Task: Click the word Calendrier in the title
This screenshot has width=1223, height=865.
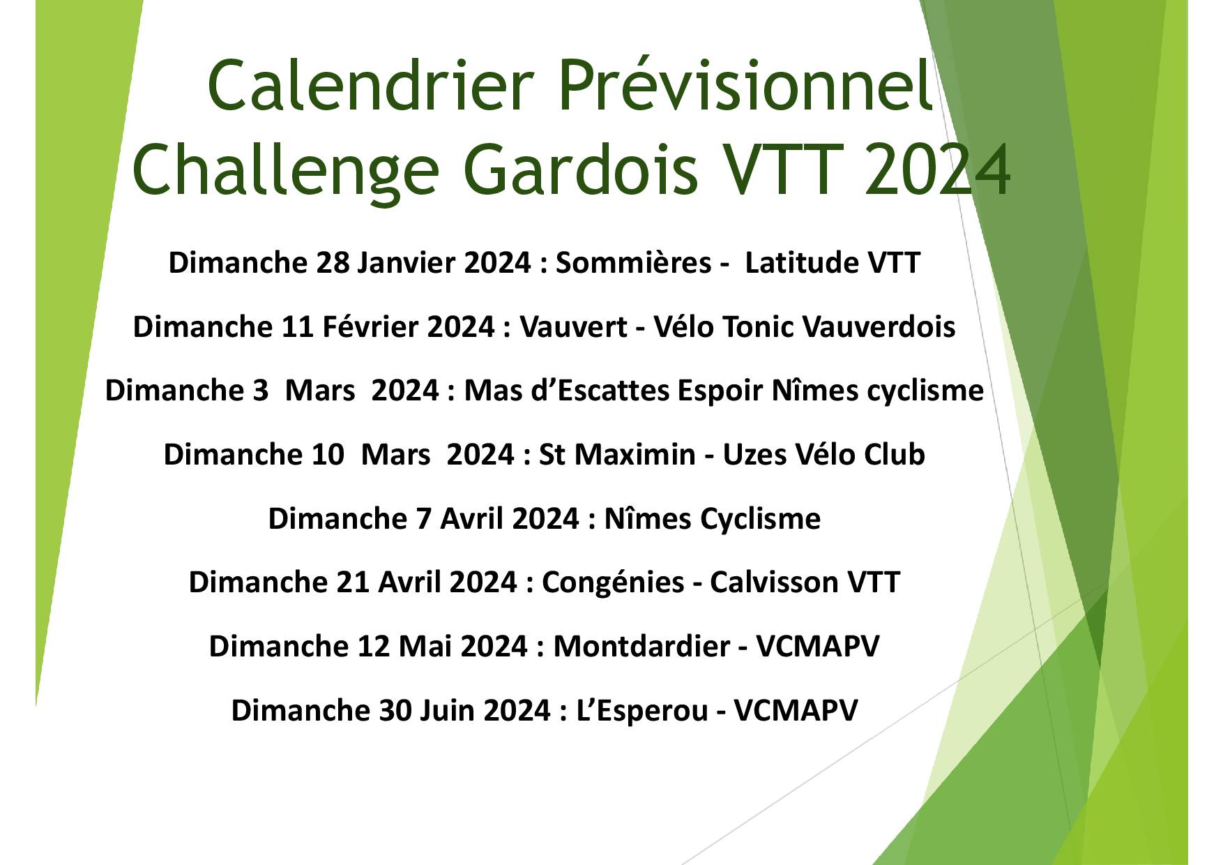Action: point(365,86)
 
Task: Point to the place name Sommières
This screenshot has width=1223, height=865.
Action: point(633,263)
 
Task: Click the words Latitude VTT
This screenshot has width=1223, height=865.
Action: point(833,263)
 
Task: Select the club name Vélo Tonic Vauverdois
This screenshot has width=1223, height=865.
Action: point(804,327)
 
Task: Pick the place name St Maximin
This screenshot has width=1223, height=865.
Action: point(617,455)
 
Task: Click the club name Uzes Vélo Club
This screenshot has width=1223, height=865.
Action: point(823,455)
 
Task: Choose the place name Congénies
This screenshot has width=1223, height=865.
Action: point(613,582)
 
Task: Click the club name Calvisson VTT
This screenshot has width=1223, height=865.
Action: point(805,582)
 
